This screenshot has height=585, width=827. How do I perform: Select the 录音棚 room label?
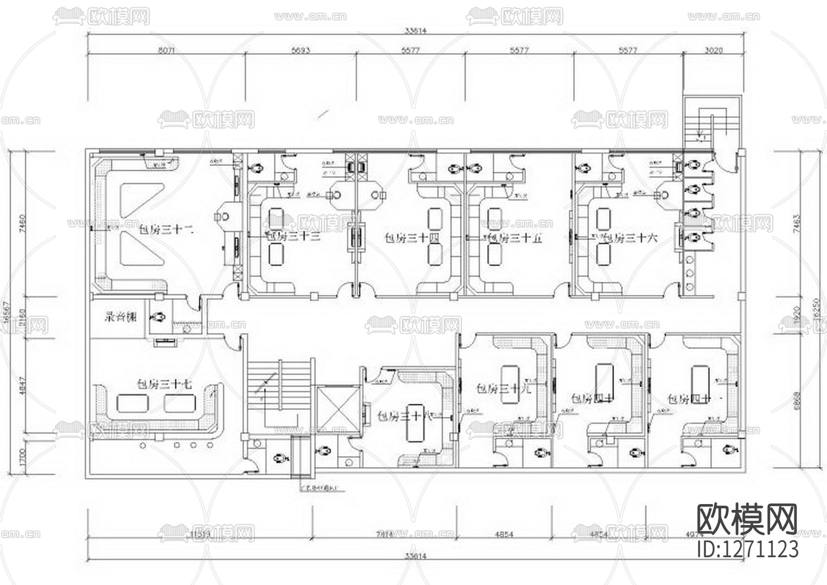pos(120,317)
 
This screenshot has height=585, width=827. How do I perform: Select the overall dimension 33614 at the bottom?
pos(415,557)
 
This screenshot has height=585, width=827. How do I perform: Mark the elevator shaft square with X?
pos(338,409)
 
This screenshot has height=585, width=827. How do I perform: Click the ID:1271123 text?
pos(748,549)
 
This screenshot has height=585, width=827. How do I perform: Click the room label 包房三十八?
pos(405,416)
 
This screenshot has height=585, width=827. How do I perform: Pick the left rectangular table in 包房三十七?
pos(132,403)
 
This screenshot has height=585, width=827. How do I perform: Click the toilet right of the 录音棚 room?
pos(158,317)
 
